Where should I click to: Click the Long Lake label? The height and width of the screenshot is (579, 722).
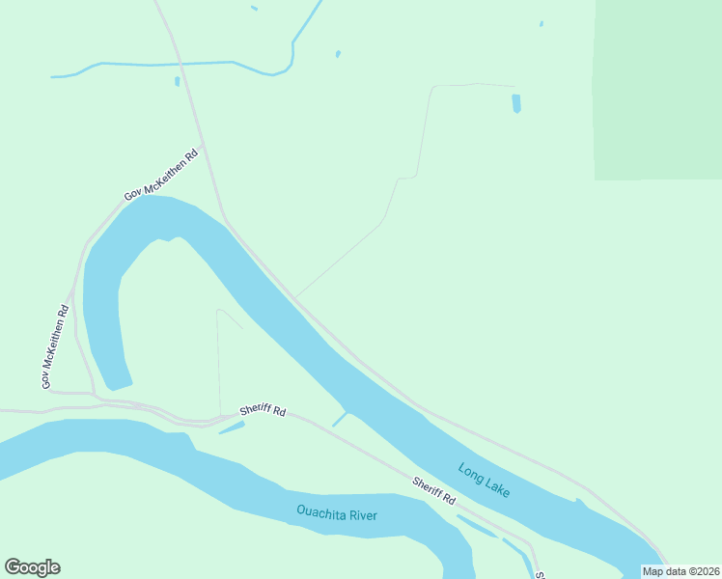(x=485, y=480)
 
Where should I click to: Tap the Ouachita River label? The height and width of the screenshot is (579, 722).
(x=337, y=512)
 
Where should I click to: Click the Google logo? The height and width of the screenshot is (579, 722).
(x=32, y=567)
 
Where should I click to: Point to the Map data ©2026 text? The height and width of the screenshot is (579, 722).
(x=680, y=571)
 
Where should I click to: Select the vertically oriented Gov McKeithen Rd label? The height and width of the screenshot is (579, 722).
(x=54, y=347)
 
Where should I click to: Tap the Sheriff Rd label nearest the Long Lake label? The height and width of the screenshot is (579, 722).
(x=433, y=490)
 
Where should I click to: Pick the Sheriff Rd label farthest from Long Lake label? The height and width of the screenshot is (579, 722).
(x=265, y=412)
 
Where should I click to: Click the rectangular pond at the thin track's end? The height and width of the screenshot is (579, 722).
(x=516, y=103)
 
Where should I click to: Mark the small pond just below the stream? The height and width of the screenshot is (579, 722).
(x=178, y=81)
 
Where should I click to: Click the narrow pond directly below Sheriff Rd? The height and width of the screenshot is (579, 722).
(x=232, y=427)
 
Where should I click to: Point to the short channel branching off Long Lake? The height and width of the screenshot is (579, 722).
(x=341, y=419)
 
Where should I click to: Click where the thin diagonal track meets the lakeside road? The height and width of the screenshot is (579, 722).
(x=295, y=298)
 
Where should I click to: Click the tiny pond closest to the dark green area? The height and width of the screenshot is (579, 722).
(x=541, y=24)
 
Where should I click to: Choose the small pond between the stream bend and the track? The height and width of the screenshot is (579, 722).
(x=338, y=54)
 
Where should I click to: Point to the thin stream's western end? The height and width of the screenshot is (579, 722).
(x=53, y=76)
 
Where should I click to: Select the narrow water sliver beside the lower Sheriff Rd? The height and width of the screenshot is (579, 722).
(x=477, y=526)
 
